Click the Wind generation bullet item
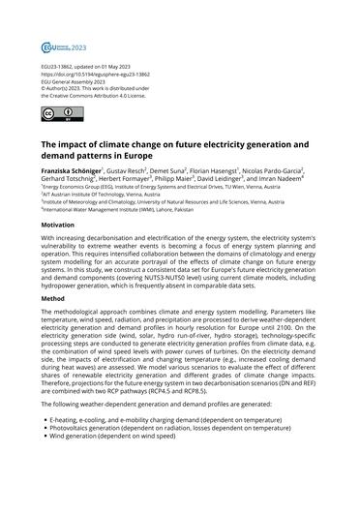(127, 491)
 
